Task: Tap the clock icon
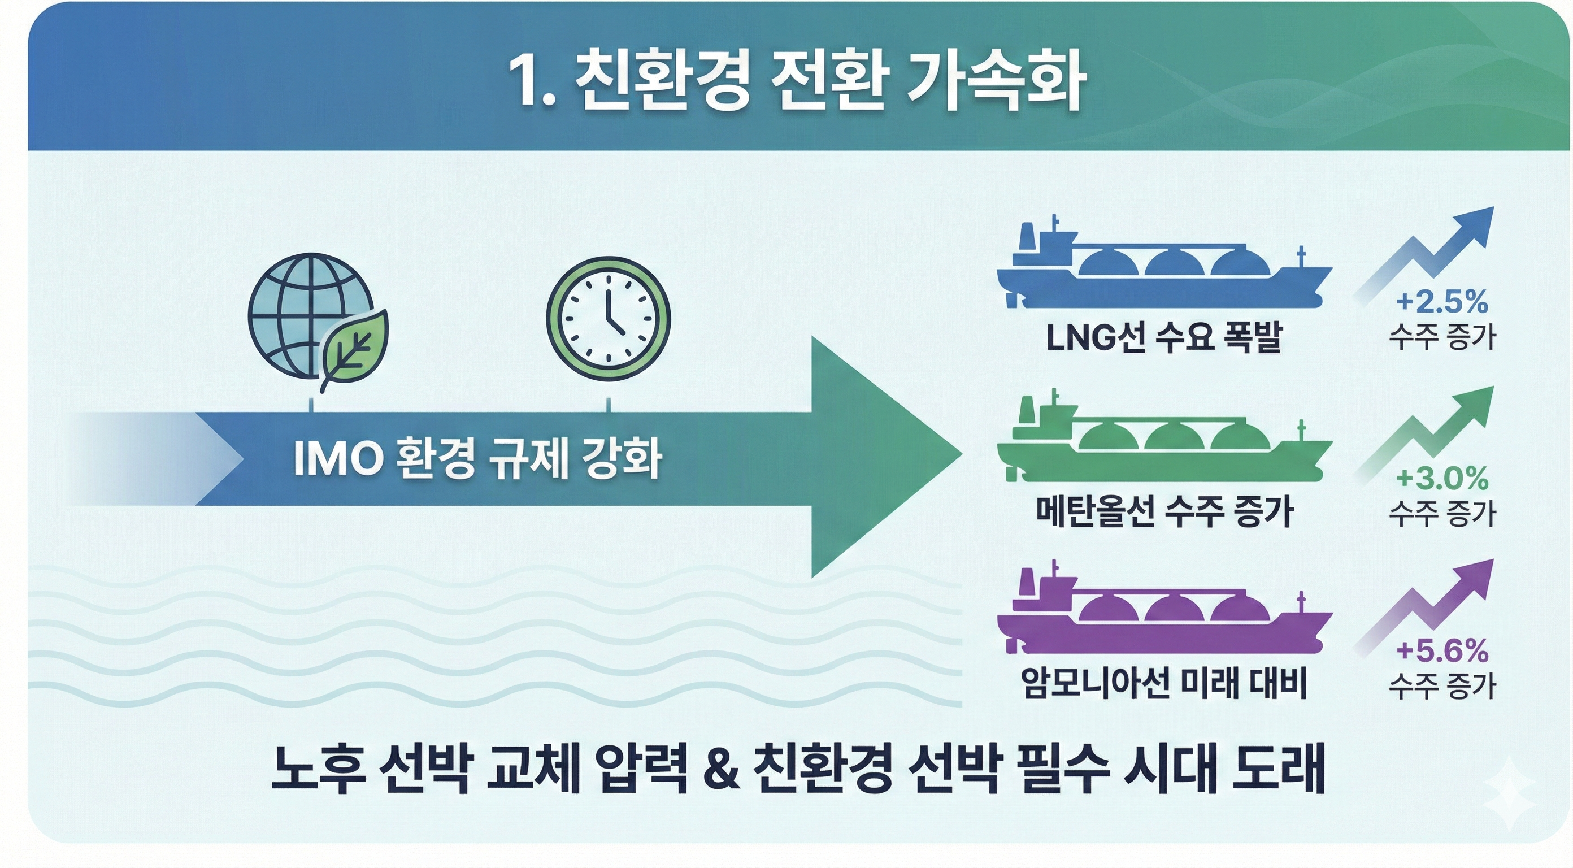coord(608,319)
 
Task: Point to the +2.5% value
coord(1442,302)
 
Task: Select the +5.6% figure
coord(1442,652)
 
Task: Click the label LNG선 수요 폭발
coord(1164,338)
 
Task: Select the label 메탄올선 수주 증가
coord(1164,512)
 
